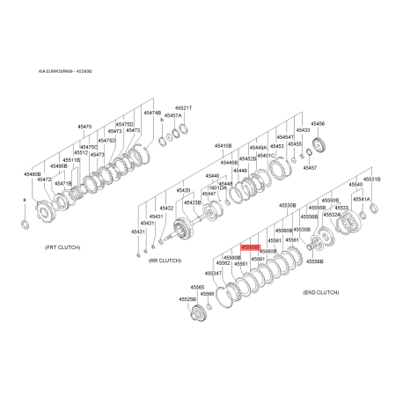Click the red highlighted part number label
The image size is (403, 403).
pyautogui.click(x=250, y=248)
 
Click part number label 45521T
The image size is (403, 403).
pyautogui.click(x=183, y=107)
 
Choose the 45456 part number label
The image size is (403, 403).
pyautogui.click(x=319, y=124)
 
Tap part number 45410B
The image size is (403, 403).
pyautogui.click(x=223, y=145)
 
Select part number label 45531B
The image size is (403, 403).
pyautogui.click(x=371, y=180)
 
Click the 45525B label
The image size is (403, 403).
pyautogui.click(x=187, y=299)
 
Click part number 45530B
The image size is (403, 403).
pyautogui.click(x=288, y=205)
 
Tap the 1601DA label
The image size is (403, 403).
pyautogui.click(x=218, y=187)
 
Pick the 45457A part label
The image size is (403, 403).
pyautogui.click(x=172, y=115)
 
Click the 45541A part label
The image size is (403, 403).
pyautogui.click(x=361, y=199)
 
